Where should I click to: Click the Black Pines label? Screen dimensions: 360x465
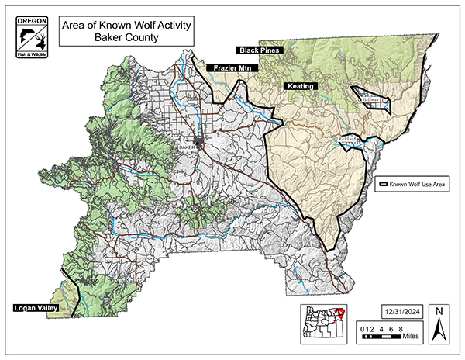click(x=260, y=50)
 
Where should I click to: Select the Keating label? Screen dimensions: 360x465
click(x=300, y=86)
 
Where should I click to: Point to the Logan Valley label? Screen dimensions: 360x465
click(x=37, y=308)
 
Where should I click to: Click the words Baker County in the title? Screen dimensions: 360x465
click(x=125, y=36)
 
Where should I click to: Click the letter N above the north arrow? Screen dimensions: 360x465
click(x=439, y=311)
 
